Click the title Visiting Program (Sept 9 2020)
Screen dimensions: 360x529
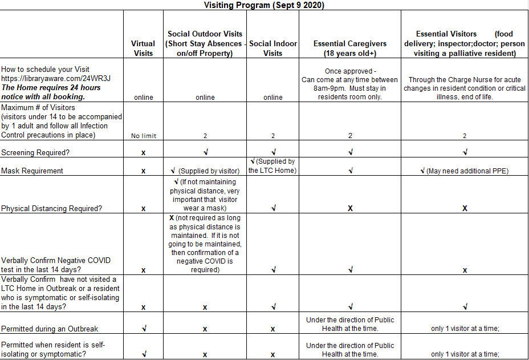click(x=264, y=5)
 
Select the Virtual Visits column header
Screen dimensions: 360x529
click(x=143, y=48)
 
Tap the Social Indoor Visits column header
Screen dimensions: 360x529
click(x=273, y=48)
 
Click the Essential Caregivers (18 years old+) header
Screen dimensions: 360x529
click(x=349, y=48)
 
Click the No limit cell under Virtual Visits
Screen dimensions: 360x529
click(x=143, y=136)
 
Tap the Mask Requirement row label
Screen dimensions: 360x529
click(x=32, y=171)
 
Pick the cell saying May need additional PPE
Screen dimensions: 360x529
click(x=465, y=171)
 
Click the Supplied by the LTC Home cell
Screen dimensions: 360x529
click(x=273, y=166)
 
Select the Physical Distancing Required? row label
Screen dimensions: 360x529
click(x=51, y=208)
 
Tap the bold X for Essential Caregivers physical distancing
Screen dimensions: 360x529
click(x=349, y=208)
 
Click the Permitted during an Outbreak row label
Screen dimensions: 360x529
click(x=50, y=329)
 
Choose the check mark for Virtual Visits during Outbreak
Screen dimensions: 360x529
click(x=143, y=329)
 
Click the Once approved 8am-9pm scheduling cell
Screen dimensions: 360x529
click(x=349, y=84)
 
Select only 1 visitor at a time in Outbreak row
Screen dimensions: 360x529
click(x=465, y=329)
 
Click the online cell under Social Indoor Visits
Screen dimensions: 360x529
click(x=273, y=97)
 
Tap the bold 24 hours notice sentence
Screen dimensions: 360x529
click(x=51, y=92)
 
